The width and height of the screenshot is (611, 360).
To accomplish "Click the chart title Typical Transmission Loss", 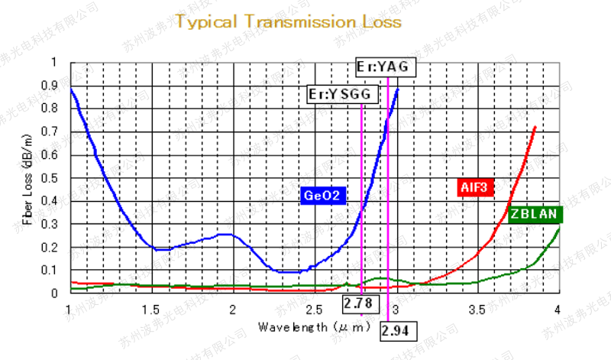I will pos(288,21).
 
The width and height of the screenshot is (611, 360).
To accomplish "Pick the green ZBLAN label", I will pos(535,214).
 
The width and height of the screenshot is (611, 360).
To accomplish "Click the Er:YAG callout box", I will pos(386,67).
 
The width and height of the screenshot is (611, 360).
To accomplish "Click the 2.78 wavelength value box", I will pos(357,303).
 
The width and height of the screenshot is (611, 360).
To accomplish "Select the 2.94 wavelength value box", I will pos(397,330).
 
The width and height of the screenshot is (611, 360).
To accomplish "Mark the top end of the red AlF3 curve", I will pos(535,127).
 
